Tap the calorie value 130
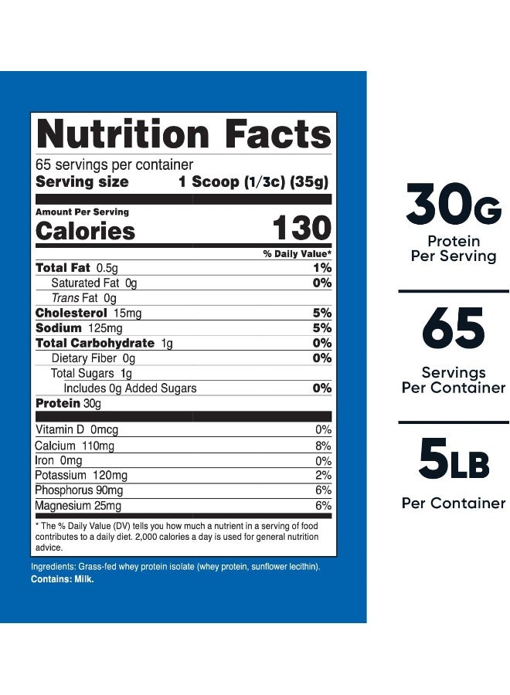click(x=302, y=230)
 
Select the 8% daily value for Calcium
click(x=323, y=446)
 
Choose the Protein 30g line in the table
click(x=68, y=404)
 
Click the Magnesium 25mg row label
click(x=78, y=506)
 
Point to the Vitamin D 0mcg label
click(x=76, y=430)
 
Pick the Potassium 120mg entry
click(x=81, y=475)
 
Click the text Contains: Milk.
click(x=62, y=580)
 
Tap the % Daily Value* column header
click(x=297, y=254)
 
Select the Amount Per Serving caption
click(x=83, y=212)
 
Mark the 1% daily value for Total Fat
click(x=323, y=268)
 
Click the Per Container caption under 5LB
click(x=454, y=503)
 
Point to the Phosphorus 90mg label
click(x=79, y=490)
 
